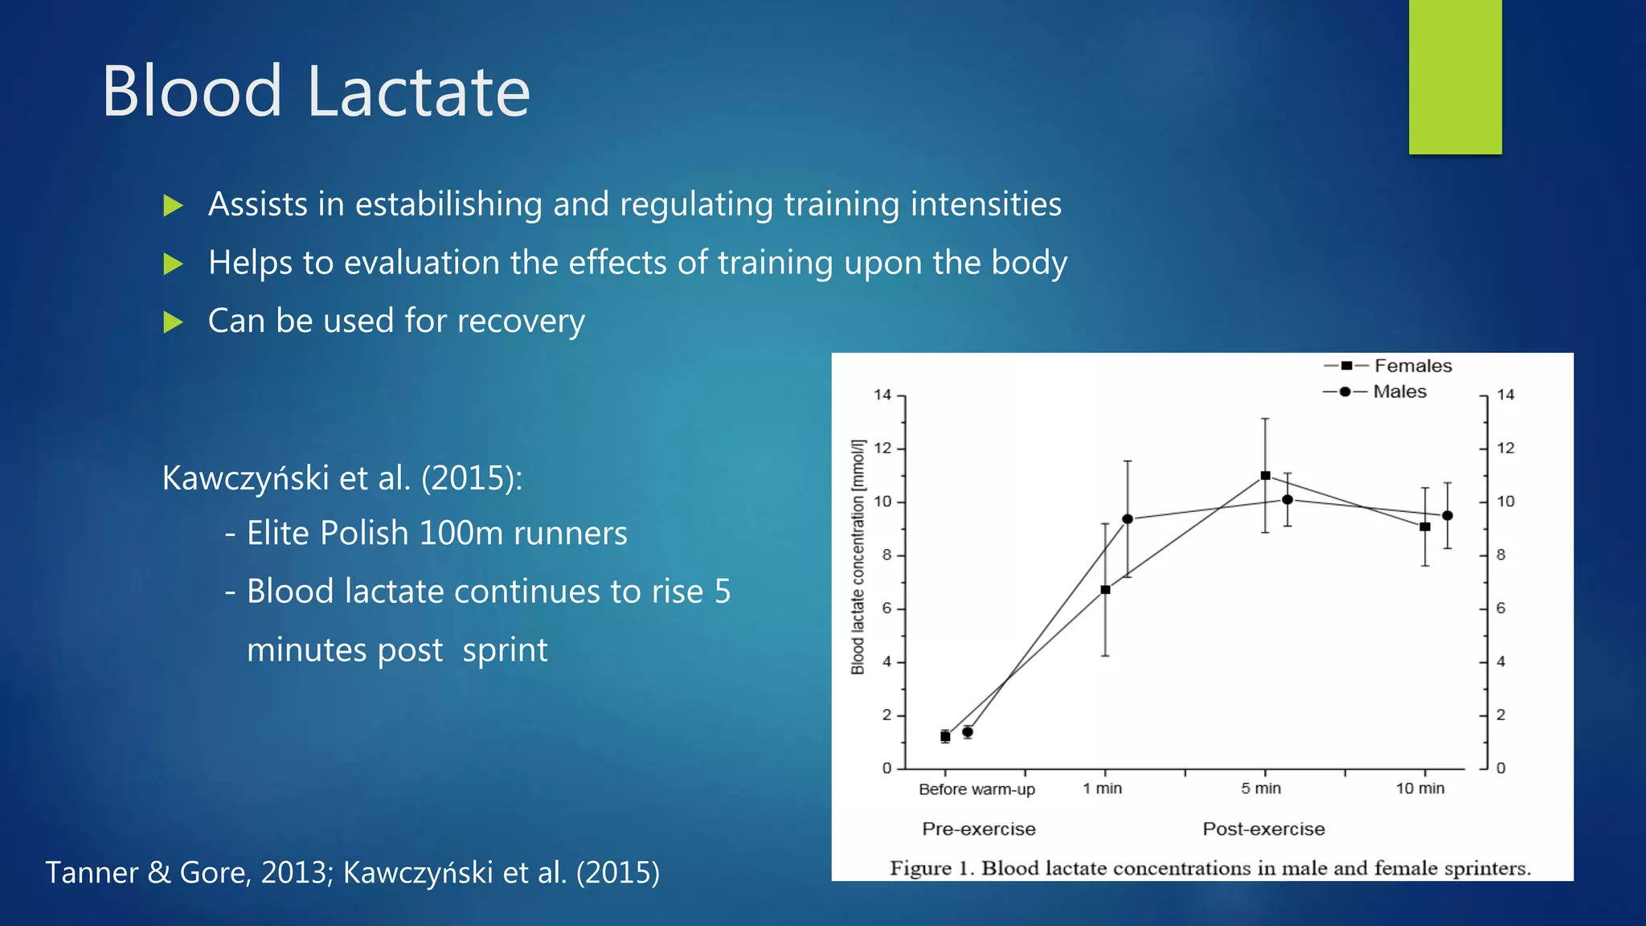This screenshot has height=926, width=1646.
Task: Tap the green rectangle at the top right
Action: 1455,76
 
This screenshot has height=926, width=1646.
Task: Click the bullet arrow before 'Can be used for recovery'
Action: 173,322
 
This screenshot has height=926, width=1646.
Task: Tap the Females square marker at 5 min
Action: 1265,476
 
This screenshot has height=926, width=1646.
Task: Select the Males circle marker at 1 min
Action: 1128,519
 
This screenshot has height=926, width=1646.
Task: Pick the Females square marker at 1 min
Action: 1105,590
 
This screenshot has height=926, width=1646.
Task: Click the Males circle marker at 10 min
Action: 1447,516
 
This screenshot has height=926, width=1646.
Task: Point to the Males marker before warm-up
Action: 968,732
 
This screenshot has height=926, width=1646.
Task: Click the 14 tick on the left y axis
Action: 882,395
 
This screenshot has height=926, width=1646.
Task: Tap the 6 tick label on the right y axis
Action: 1501,608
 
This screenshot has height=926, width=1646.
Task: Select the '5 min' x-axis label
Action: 1260,789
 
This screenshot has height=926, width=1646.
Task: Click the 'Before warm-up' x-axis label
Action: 977,789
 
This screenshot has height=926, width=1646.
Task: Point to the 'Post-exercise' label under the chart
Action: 1263,829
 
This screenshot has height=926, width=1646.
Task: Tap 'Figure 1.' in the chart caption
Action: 932,868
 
